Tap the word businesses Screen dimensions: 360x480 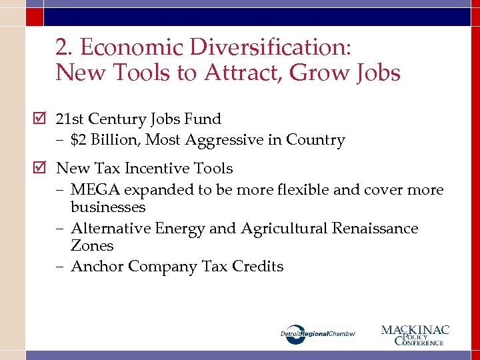pos(108,207)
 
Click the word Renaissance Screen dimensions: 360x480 pos(377,229)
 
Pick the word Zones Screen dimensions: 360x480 pos(92,246)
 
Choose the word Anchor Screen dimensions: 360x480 pos(97,267)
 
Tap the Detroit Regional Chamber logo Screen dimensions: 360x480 pos(317,333)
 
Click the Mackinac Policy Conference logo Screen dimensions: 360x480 pos(415,334)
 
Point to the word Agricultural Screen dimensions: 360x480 pos(284,229)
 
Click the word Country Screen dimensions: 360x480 pos(315,140)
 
